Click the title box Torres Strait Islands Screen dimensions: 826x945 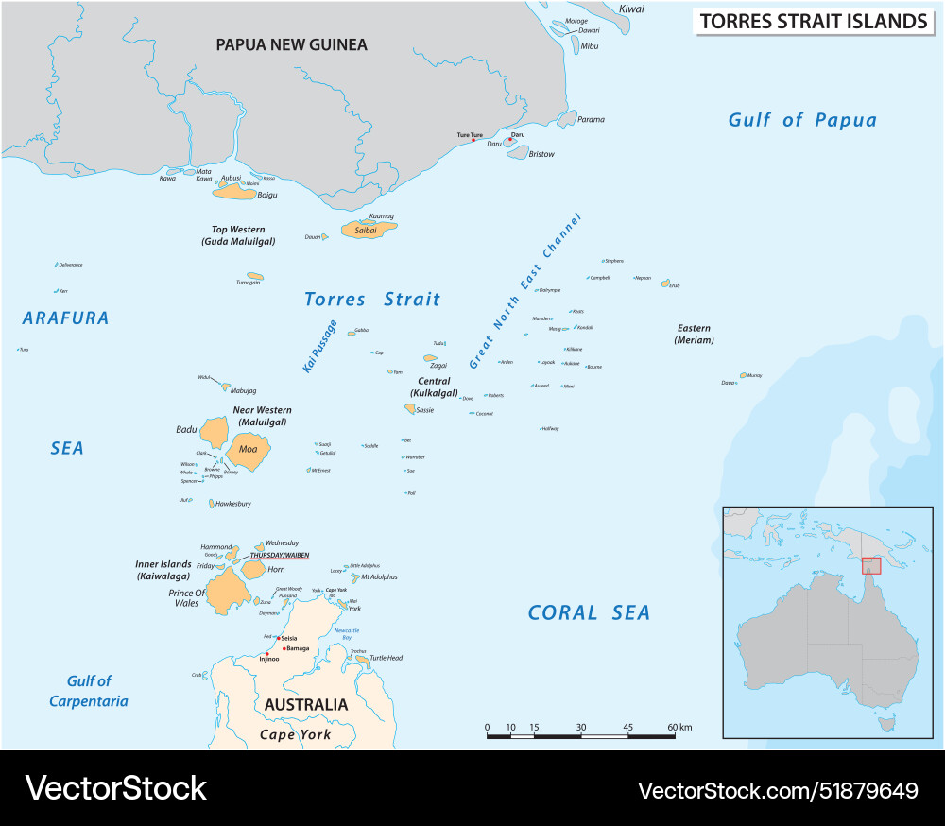813,22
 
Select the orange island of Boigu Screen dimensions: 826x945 235,192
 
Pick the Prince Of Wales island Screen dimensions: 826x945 227,591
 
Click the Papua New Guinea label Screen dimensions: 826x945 291,44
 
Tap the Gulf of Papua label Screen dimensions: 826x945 802,120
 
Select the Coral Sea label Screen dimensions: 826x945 589,612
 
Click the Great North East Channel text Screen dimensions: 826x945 525,291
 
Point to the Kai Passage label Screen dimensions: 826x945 319,347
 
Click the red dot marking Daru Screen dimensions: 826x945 510,140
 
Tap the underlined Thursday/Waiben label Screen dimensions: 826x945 279,556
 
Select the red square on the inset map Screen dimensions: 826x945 871,565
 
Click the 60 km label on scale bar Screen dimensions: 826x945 679,727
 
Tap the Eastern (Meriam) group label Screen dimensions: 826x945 695,335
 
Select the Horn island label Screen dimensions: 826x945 276,570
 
